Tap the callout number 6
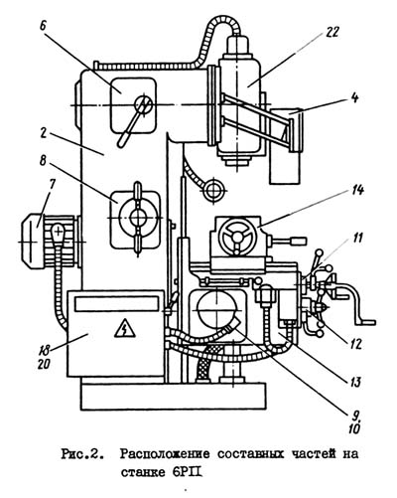pyautogui.click(x=43, y=26)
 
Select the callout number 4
pyautogui.click(x=354, y=98)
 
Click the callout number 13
pyautogui.click(x=353, y=382)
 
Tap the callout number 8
pyautogui.click(x=43, y=161)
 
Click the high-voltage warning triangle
pyautogui.click(x=125, y=328)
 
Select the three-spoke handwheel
pyautogui.click(x=236, y=238)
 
